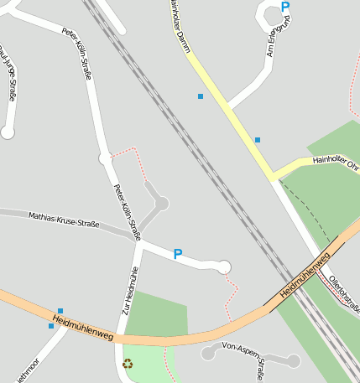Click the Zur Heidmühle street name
coord(128,288)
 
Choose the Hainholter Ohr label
coord(333,162)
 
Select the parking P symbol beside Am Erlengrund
coord(285,7)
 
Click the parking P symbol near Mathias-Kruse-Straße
coord(177,253)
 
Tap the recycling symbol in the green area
coord(128,364)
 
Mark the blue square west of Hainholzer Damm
coord(201,96)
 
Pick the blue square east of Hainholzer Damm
coord(258,139)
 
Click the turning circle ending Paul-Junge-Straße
coord(8,132)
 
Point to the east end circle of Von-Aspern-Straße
coord(293,361)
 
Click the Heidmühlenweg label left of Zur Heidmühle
coord(82,326)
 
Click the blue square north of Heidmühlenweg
coord(60,311)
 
